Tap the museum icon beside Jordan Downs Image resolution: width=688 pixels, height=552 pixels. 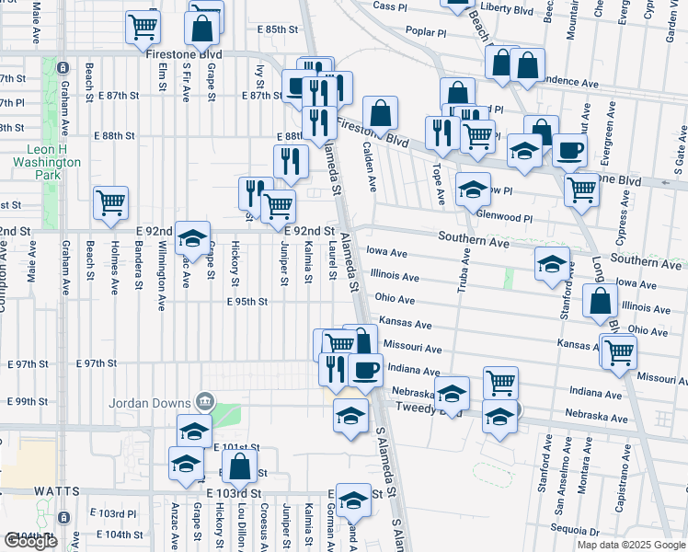[x=205, y=401]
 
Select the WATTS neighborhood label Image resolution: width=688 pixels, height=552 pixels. [x=32, y=492]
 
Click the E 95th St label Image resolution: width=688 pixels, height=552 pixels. [x=247, y=301]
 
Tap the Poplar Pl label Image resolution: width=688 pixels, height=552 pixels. [x=424, y=31]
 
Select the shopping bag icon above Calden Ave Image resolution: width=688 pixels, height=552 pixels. [x=380, y=115]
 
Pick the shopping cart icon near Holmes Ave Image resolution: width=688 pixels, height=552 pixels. [x=110, y=201]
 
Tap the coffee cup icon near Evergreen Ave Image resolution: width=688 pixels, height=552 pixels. [x=568, y=151]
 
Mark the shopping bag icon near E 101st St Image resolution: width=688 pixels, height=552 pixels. [x=239, y=467]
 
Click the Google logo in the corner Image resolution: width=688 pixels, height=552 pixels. [x=31, y=540]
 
